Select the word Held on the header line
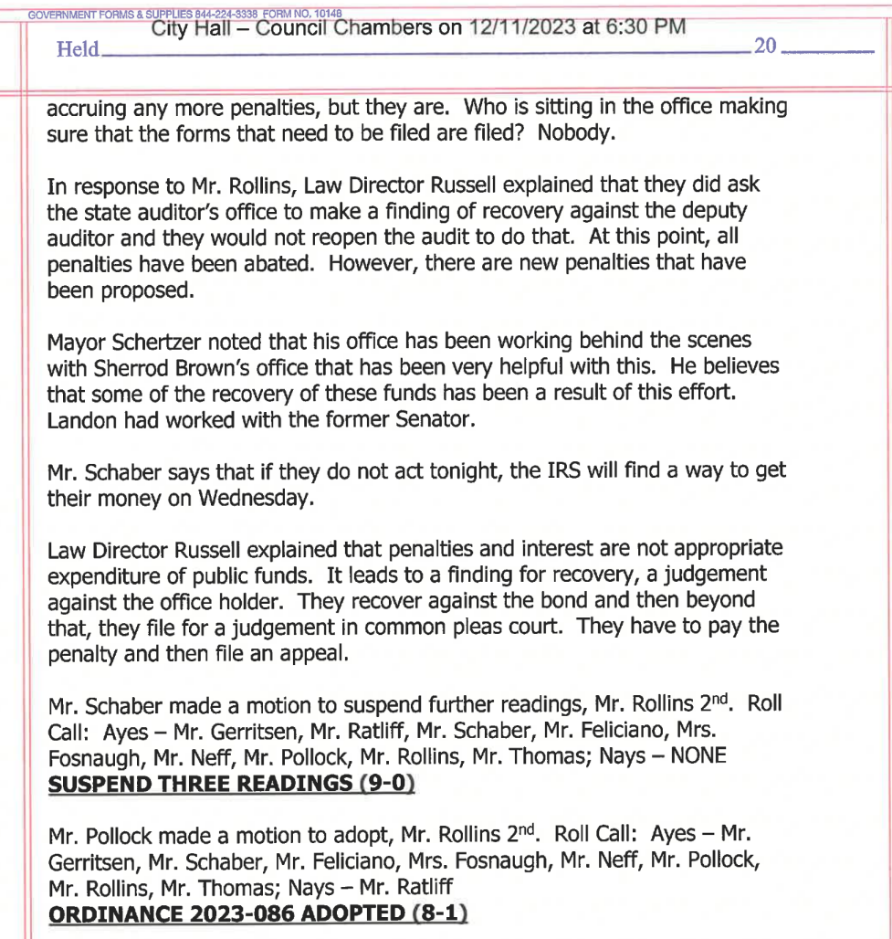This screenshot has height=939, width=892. point(78,49)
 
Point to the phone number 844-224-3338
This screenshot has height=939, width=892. point(224,13)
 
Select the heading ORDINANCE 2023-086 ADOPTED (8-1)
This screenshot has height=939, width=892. point(257,913)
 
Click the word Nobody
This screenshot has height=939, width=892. point(577,132)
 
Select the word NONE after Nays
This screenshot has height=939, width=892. point(698,756)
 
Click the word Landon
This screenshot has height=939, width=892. point(77,418)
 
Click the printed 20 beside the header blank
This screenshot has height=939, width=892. point(765,46)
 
